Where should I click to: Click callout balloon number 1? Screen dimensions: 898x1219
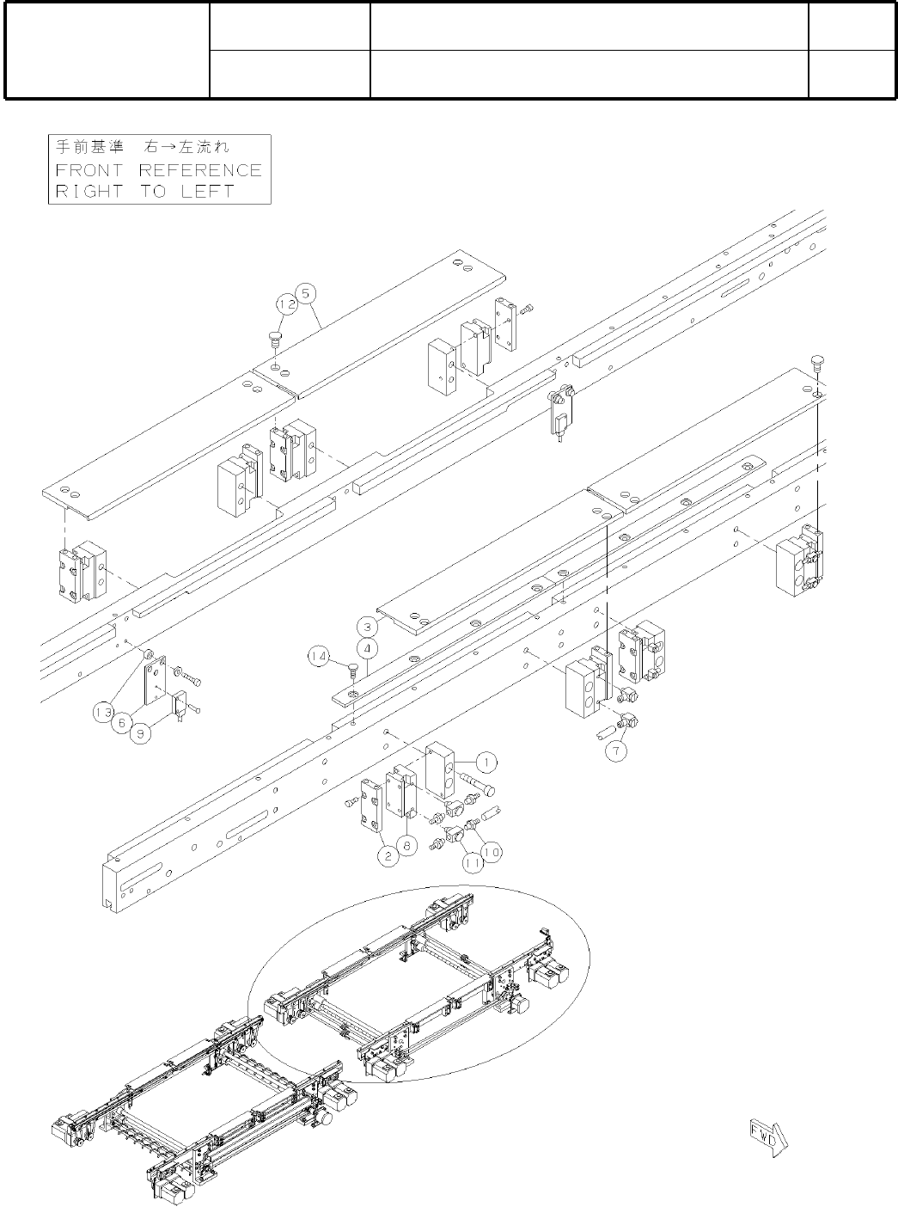[486, 762]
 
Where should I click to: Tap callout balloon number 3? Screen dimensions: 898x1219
[367, 626]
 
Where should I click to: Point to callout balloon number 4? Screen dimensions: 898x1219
[367, 646]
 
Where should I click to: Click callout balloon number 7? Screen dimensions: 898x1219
[616, 750]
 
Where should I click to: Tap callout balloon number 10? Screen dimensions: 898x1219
[491, 851]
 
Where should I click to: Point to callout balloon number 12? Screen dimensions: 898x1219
[286, 303]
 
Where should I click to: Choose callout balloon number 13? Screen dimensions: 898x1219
[104, 712]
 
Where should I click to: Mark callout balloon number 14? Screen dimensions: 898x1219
[319, 658]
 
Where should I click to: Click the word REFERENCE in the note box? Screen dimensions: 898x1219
[200, 170]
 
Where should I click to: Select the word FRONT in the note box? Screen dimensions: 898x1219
[89, 170]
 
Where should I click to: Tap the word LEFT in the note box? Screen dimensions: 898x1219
[207, 191]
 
